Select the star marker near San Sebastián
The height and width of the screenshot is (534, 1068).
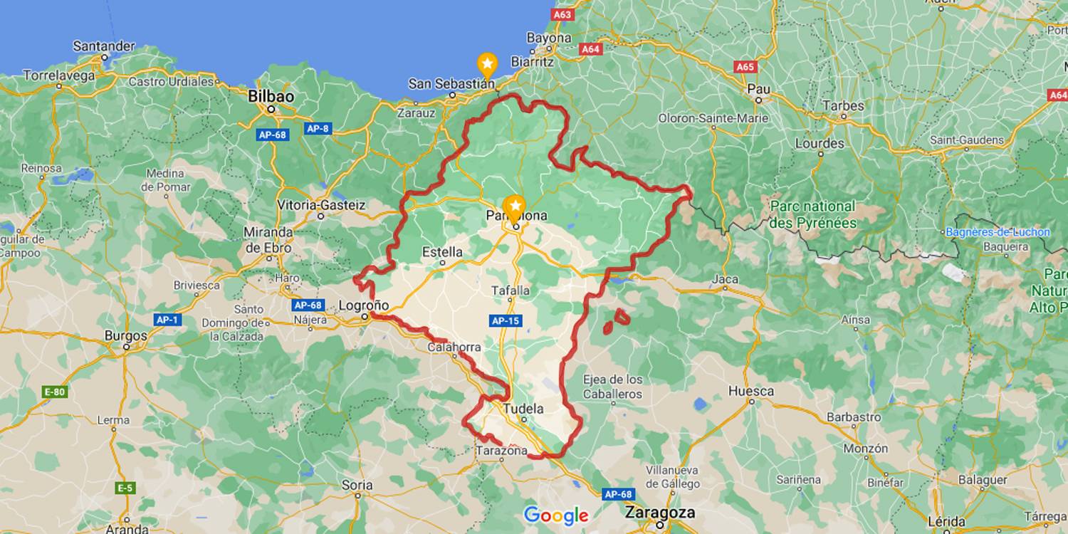487,66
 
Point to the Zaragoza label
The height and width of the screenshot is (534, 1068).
660,512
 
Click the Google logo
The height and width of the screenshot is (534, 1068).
556,515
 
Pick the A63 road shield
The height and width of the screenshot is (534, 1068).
562,14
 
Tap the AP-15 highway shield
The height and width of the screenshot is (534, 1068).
505,321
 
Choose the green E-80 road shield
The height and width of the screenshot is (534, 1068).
55,392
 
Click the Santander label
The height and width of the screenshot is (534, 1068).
104,46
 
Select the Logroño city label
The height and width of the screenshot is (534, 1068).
363,305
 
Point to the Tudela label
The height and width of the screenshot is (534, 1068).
523,409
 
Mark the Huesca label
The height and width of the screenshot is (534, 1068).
751,391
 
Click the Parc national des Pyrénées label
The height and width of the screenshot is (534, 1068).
813,214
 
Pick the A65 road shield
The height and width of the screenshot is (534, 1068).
745,67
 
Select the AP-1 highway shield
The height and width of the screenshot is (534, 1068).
167,320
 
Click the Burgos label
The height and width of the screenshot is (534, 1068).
125,335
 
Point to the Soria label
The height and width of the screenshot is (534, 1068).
357,485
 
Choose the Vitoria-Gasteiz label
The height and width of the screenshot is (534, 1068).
321,205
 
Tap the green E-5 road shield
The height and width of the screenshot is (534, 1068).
125,488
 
